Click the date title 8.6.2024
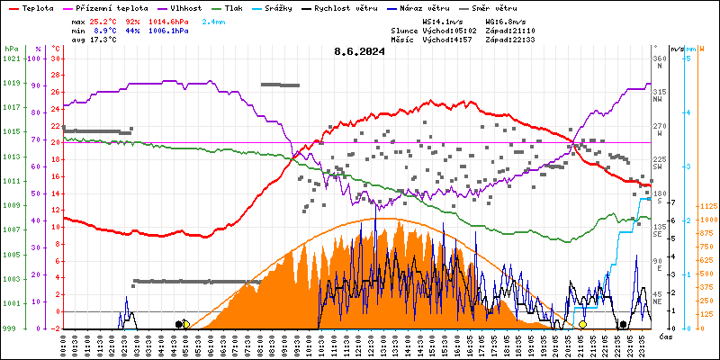click(358, 51)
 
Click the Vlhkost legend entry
click(184, 7)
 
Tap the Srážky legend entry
click(292, 7)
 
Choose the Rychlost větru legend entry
click(356, 7)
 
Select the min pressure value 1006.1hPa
click(168, 30)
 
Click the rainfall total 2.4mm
click(214, 21)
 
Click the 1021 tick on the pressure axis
click(11, 59)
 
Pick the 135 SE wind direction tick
click(659, 229)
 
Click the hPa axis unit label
click(11, 49)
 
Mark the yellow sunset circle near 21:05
click(582, 324)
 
